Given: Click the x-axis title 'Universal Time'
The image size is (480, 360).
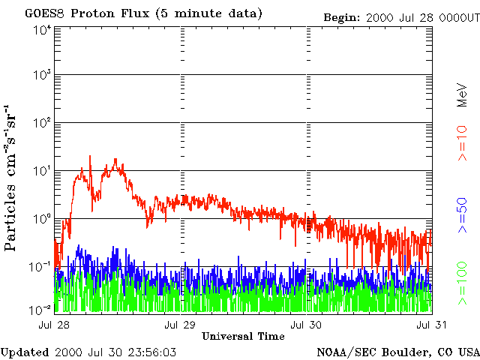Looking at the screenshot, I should point(243,336).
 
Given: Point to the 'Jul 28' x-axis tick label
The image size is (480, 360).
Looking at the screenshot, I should point(55,324).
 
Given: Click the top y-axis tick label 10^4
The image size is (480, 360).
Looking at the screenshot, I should point(41,30).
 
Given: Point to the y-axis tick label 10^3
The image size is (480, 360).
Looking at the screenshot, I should point(41,76).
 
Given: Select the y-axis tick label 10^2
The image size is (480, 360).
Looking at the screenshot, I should point(41,123).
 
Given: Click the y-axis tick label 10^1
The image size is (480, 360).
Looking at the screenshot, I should point(41,171).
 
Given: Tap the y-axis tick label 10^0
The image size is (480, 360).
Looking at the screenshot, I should point(41,219).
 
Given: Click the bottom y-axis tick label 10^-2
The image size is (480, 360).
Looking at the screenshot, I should point(40,308).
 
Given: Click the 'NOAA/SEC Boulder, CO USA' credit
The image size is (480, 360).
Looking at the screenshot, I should point(397,351).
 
